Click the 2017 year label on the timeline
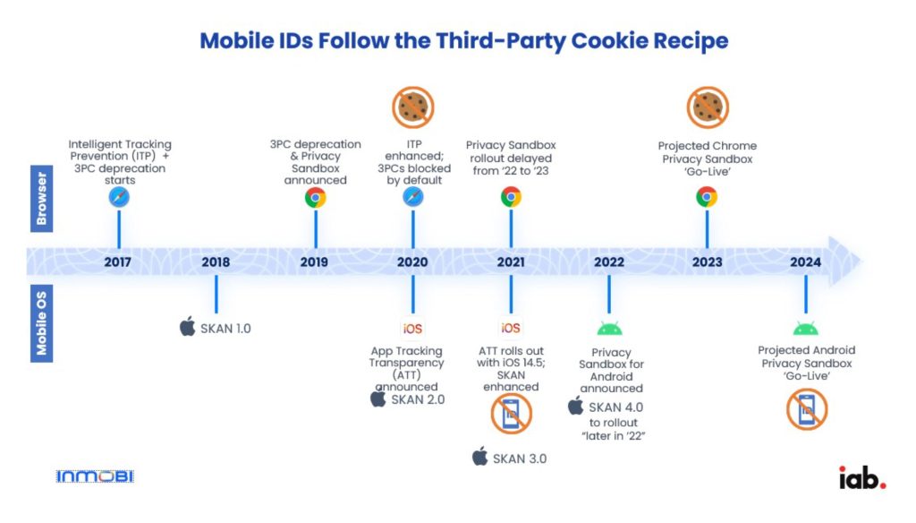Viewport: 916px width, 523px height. (x=117, y=262)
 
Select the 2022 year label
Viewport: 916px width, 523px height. (x=608, y=262)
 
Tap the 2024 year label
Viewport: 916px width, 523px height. (x=806, y=262)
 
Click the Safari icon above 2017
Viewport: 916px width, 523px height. (x=119, y=197)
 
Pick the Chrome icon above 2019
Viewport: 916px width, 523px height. (x=316, y=198)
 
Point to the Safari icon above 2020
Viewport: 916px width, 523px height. (x=413, y=197)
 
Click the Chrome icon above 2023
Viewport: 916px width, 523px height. (x=707, y=197)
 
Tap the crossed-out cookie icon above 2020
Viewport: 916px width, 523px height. (x=413, y=107)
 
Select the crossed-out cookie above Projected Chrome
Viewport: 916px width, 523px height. (x=708, y=107)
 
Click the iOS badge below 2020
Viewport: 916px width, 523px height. (x=412, y=328)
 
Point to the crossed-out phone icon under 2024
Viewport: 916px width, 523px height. (x=807, y=409)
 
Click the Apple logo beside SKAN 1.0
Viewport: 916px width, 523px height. (x=188, y=327)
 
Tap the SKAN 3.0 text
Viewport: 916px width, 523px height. (x=520, y=459)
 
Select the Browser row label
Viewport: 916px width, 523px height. (x=41, y=198)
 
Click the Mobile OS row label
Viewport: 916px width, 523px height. (x=41, y=323)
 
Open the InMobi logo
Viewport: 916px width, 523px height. (x=95, y=476)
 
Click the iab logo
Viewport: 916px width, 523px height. (x=862, y=478)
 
